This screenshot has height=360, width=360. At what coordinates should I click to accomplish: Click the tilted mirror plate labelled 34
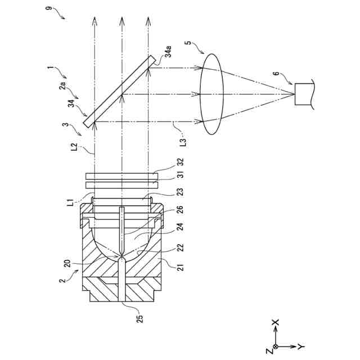pyautogui.click(x=119, y=90)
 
